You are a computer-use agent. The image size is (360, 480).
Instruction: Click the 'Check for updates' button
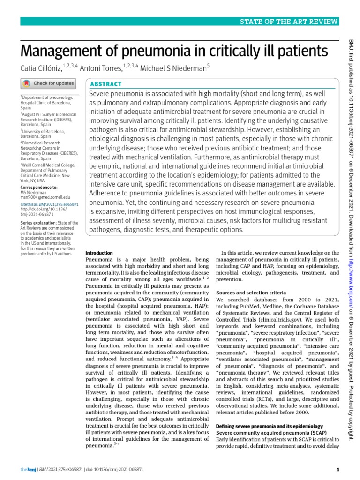coord(48,83)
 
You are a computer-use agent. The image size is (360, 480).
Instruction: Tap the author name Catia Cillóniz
coord(45,68)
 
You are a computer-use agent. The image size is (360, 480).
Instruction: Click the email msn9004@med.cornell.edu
coord(45,198)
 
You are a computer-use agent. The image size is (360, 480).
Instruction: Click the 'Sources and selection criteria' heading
coord(250,292)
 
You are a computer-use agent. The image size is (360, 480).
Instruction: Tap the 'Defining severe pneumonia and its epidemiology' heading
coord(270,425)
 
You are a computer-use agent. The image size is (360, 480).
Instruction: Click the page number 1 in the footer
coord(338,469)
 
